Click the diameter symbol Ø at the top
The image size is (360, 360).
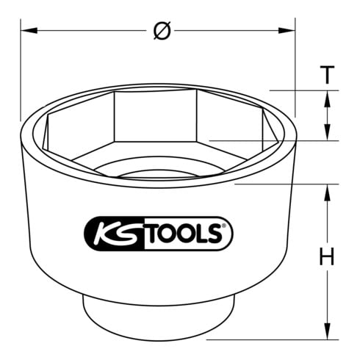point(163,31)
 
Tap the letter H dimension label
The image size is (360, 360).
point(326,258)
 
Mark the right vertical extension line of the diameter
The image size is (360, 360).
point(295,73)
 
